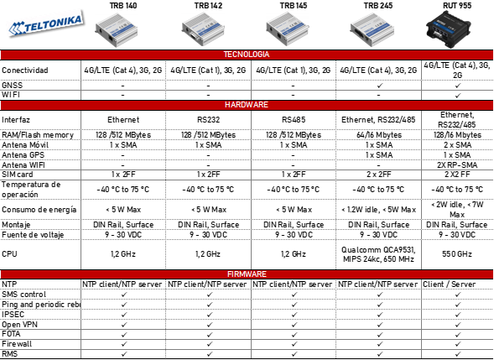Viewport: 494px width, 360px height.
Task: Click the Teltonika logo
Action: (x=47, y=25)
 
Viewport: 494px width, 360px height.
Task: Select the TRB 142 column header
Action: (x=208, y=6)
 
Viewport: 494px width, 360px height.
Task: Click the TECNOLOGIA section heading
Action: (x=247, y=55)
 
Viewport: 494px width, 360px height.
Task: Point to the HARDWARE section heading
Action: (x=247, y=105)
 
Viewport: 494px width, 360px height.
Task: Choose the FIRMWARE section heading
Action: (x=247, y=274)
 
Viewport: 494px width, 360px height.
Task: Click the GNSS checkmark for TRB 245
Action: (x=380, y=86)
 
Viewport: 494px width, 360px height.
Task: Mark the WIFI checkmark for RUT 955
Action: (x=458, y=95)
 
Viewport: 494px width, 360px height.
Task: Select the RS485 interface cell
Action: (x=294, y=120)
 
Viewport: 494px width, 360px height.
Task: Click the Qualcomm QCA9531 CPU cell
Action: (x=378, y=254)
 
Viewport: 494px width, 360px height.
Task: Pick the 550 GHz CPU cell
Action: (x=457, y=254)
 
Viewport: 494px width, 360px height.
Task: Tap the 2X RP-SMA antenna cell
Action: (x=457, y=164)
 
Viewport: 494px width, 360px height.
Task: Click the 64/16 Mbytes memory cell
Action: (x=379, y=135)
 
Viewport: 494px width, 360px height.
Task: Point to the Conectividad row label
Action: (x=25, y=70)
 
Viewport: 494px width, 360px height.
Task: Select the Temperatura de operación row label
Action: (x=31, y=190)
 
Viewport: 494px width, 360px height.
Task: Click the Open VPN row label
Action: (x=19, y=325)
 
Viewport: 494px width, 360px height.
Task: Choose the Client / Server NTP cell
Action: (x=449, y=284)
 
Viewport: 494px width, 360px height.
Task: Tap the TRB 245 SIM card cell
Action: (x=379, y=175)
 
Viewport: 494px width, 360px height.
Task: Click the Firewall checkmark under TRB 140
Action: (x=124, y=344)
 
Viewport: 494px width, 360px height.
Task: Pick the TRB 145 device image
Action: (x=287, y=29)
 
